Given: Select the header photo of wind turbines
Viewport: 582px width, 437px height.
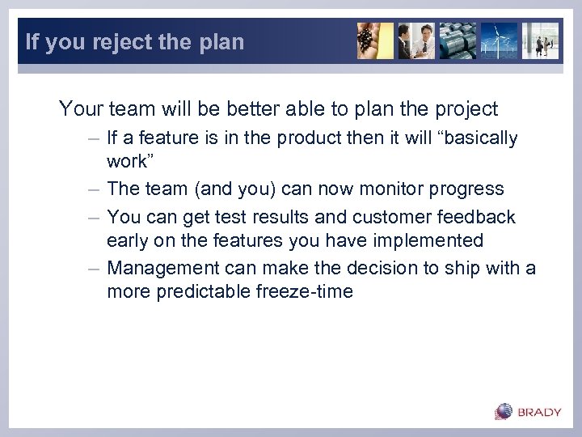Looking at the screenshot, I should point(499,40).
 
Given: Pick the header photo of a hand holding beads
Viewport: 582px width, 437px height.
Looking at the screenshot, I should point(375,40).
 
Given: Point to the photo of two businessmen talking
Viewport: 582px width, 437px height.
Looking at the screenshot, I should point(416,40).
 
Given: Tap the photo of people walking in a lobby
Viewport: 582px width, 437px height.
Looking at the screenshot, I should point(540,40).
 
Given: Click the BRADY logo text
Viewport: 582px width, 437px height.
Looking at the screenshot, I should point(539,412).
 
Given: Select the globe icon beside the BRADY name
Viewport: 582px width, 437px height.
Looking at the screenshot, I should point(504,411).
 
